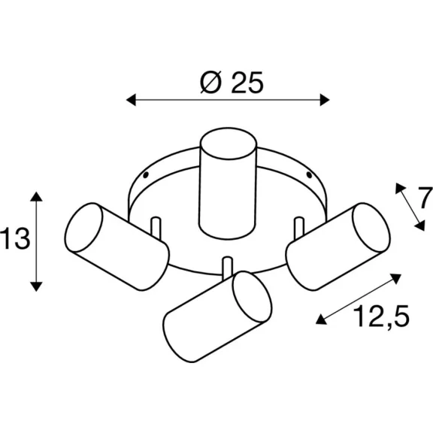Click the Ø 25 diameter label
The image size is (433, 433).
(232, 82)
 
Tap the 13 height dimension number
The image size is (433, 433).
(14, 238)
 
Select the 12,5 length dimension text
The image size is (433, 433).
(381, 316)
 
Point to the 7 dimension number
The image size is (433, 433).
(425, 198)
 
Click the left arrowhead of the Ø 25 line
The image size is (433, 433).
(131, 100)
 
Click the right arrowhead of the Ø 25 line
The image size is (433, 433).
(325, 100)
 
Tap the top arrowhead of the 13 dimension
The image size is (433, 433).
(36, 196)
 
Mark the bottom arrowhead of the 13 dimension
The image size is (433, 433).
(36, 286)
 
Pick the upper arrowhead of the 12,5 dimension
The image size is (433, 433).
(395, 278)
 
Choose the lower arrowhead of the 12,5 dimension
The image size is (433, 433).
(322, 319)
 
